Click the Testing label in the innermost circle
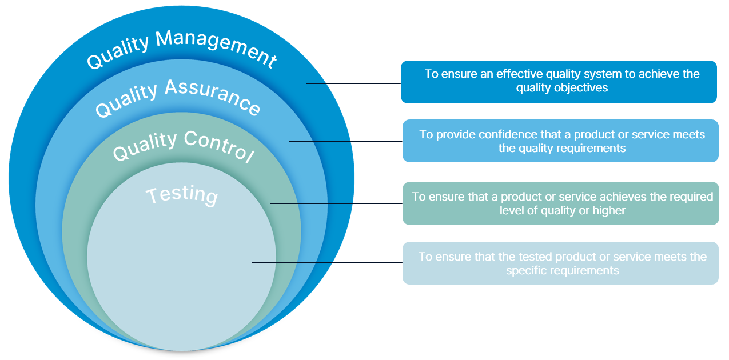[x=182, y=194]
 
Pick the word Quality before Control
[x=145, y=146]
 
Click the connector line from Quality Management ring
[x=353, y=83]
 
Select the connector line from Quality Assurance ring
[x=345, y=141]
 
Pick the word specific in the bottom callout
[x=524, y=271]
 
